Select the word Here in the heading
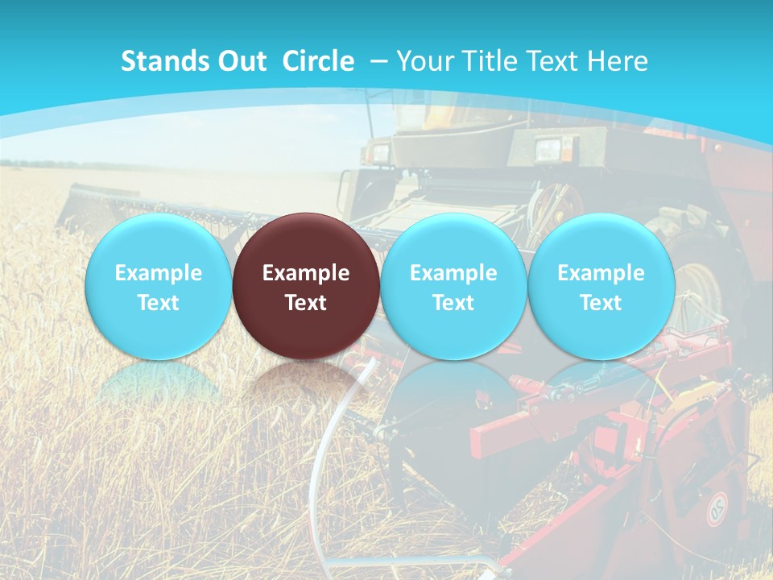[618, 61]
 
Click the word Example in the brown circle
[305, 273]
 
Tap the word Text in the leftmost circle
[158, 303]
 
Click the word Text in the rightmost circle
[601, 303]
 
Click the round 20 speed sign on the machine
[717, 509]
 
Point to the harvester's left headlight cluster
[378, 151]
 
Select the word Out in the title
[242, 61]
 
